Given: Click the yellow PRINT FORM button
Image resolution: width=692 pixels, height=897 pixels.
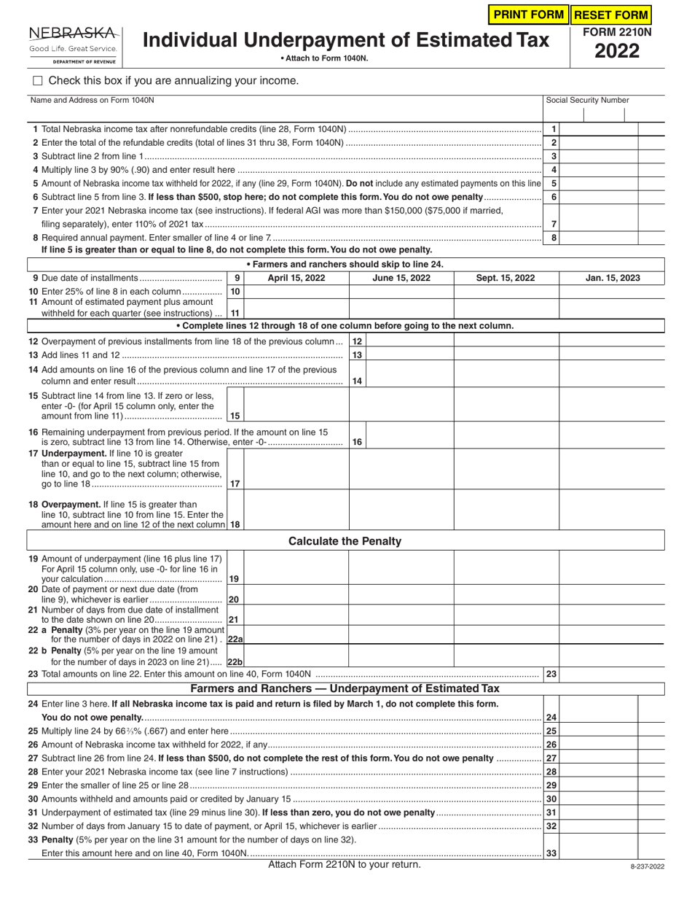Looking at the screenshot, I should (x=529, y=15).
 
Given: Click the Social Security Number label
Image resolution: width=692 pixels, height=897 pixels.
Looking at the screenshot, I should (x=587, y=101).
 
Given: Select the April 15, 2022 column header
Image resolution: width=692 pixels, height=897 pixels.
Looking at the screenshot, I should (x=296, y=278).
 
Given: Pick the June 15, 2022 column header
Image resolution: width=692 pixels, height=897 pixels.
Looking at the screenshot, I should (x=401, y=278).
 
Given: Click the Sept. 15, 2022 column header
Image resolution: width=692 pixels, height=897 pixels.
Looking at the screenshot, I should (x=506, y=278).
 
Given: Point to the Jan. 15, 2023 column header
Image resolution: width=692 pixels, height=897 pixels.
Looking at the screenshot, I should (x=613, y=278).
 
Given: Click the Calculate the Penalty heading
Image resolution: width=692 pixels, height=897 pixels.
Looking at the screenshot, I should (x=345, y=541).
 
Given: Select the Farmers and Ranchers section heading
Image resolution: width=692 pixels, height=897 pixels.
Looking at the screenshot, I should (x=345, y=688).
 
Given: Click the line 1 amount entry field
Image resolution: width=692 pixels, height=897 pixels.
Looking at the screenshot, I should (x=599, y=129).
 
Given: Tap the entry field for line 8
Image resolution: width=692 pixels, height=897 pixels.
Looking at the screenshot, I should (x=599, y=237).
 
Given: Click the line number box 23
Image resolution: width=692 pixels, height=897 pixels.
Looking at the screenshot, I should (x=551, y=675).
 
